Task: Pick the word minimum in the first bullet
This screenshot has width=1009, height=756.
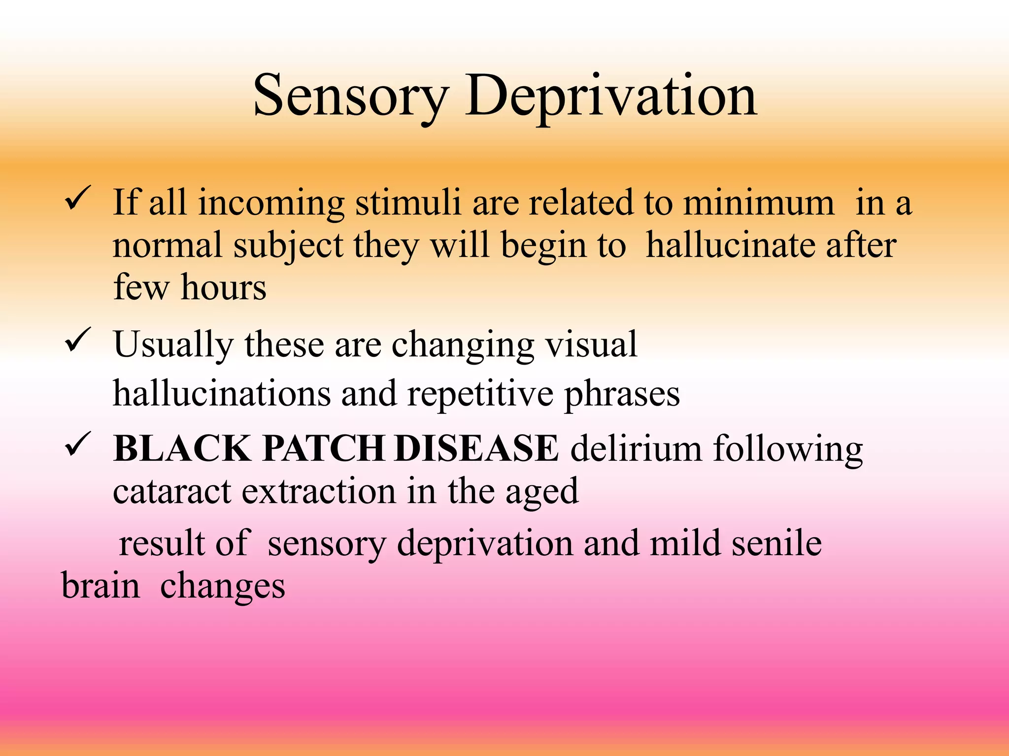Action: pyautogui.click(x=759, y=203)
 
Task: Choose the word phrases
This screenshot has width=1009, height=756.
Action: pyautogui.click(x=622, y=394)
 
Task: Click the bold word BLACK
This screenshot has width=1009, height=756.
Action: pyautogui.click(x=182, y=448)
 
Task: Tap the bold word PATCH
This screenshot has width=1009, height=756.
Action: pyautogui.click(x=324, y=448)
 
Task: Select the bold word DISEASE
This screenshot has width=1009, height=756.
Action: pyautogui.click(x=476, y=448)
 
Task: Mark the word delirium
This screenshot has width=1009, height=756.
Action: pyautogui.click(x=636, y=448)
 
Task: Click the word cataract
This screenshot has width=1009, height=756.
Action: pyautogui.click(x=171, y=491)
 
